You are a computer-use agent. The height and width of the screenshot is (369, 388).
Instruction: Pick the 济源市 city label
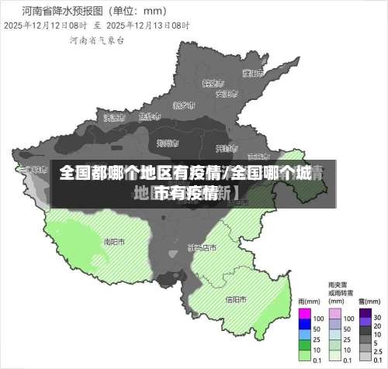tap(114, 118)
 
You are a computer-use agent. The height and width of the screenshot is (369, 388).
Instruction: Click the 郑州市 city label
tap(168, 143)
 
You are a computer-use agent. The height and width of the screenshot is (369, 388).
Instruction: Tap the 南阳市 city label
tap(115, 242)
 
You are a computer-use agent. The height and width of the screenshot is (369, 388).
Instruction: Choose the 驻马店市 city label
tap(202, 248)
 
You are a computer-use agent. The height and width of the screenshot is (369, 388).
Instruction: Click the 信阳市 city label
tap(236, 299)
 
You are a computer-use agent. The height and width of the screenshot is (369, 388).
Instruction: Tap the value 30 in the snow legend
tap(377, 317)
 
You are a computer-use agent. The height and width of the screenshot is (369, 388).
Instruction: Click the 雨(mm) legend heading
tap(309, 302)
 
